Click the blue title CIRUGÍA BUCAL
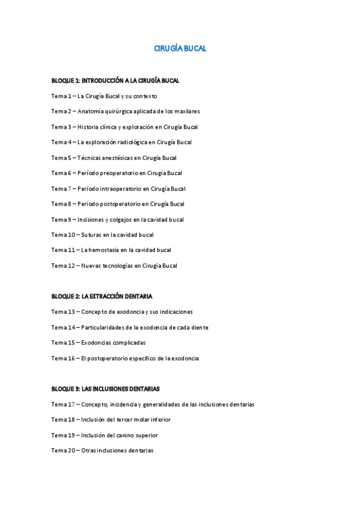(x=180, y=49)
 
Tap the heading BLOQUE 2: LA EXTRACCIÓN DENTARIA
(x=102, y=296)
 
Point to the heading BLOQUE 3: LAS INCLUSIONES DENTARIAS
(x=105, y=389)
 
